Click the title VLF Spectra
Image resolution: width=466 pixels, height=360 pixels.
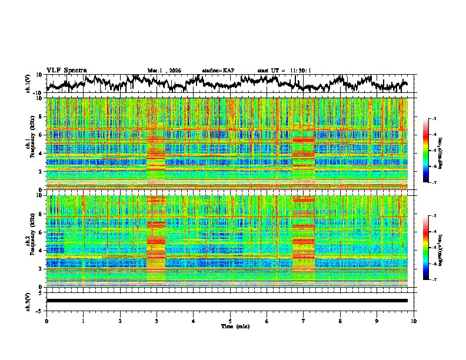tap(66, 70)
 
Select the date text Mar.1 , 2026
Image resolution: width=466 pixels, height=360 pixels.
tap(164, 71)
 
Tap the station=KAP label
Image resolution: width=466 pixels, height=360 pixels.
tap(218, 71)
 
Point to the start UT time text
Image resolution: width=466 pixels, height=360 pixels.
tap(284, 71)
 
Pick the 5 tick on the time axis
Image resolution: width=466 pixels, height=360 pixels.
tap(230, 321)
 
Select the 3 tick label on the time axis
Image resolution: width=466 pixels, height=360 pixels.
tap(157, 321)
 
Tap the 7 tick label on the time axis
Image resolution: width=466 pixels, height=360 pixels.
tap(304, 321)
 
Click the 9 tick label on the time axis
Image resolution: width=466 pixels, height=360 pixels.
tap(377, 321)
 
